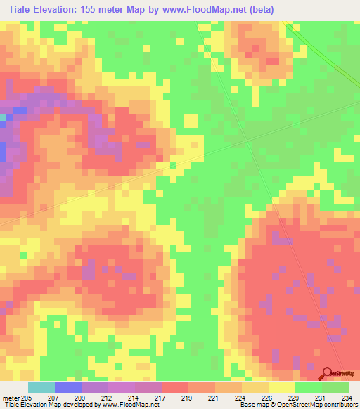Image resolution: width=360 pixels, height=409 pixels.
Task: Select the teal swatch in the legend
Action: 41,387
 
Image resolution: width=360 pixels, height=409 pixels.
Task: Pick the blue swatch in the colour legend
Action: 68,387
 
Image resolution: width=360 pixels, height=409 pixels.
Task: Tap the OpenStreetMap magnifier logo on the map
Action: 328,373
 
